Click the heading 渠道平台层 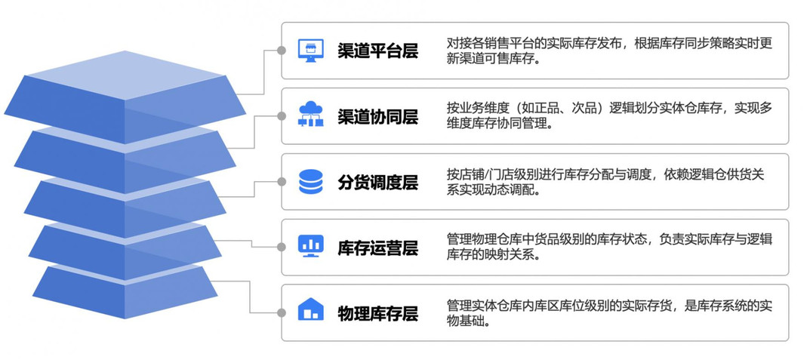[377, 51]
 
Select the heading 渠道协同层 [377, 116]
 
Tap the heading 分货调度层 [377, 182]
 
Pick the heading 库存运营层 [377, 247]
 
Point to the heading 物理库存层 [377, 312]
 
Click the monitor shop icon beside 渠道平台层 [310, 51]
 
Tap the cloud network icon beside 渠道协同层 [310, 115]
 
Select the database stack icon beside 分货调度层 [310, 182]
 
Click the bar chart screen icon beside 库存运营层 [310, 246]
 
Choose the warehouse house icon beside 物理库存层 [310, 310]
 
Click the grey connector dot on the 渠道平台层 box [282, 51]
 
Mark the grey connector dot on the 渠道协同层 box [282, 116]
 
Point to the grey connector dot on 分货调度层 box [282, 182]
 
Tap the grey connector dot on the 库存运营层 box [282, 247]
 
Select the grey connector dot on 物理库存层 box [282, 312]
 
